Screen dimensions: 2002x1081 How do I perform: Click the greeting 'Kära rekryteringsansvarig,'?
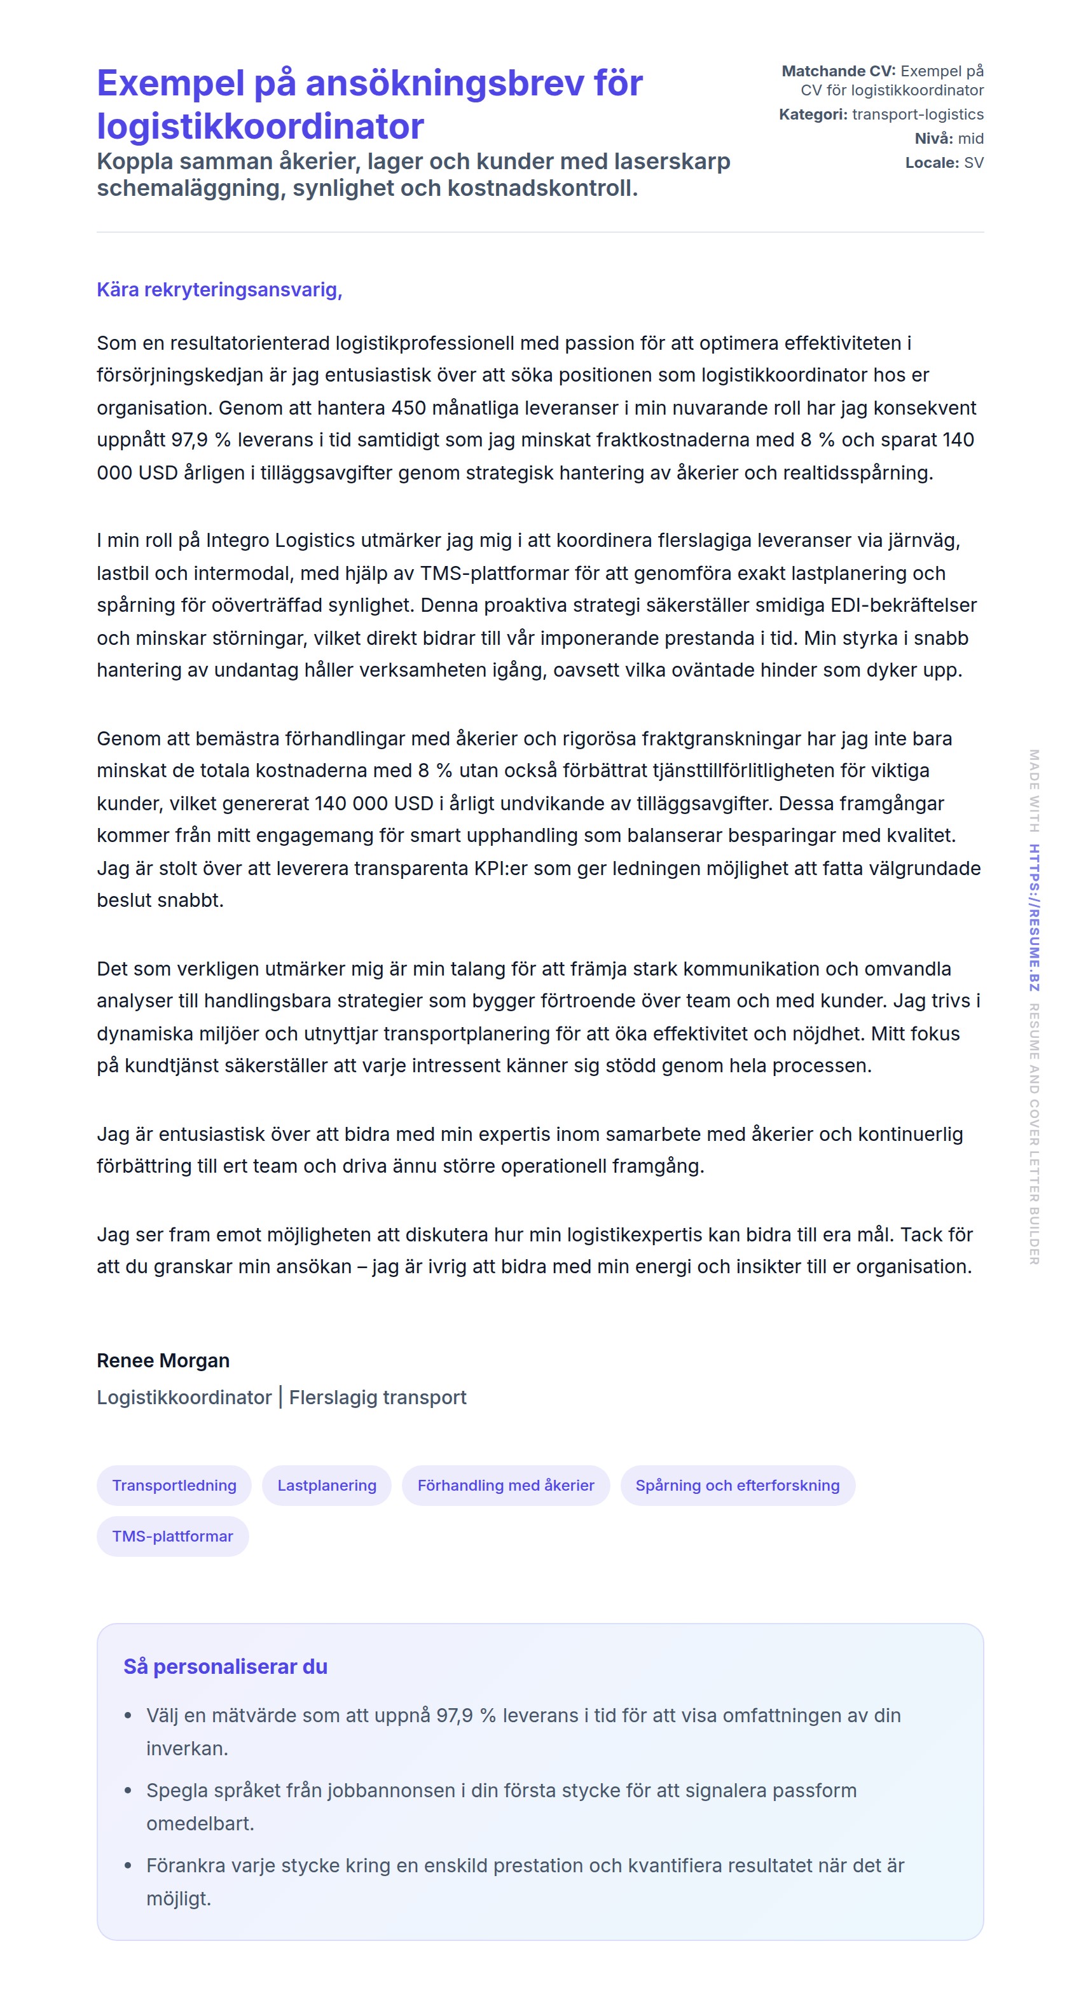tap(219, 290)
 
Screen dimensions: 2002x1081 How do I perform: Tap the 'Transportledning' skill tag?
tap(174, 1485)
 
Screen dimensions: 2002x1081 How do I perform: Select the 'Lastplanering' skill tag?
tap(326, 1485)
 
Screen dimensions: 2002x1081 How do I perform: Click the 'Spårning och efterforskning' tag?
tap(737, 1485)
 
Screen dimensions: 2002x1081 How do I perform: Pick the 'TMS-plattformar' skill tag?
tap(172, 1536)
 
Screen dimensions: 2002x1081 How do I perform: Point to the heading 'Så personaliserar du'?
tap(225, 1666)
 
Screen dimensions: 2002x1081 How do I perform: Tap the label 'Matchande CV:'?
tap(837, 71)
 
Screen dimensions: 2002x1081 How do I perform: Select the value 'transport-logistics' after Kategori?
tap(917, 115)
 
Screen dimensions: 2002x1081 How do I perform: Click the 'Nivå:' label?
tap(933, 139)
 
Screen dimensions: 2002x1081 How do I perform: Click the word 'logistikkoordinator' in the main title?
tap(260, 127)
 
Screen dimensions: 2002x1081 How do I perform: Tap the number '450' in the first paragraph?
tap(409, 408)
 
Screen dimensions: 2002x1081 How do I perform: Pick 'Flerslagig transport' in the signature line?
tap(378, 1397)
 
